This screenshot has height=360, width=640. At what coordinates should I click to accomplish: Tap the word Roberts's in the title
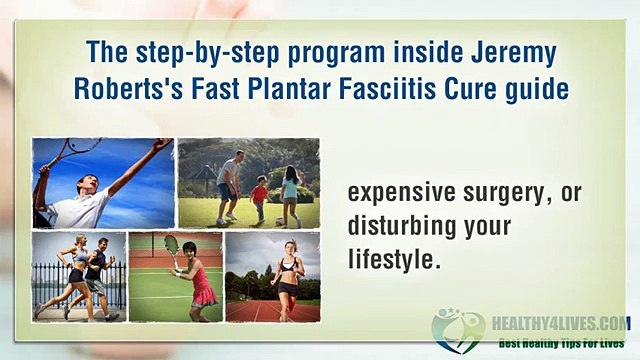[126, 88]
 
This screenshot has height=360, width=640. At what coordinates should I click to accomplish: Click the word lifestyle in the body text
[394, 258]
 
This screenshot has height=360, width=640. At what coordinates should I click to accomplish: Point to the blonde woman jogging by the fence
[76, 275]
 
